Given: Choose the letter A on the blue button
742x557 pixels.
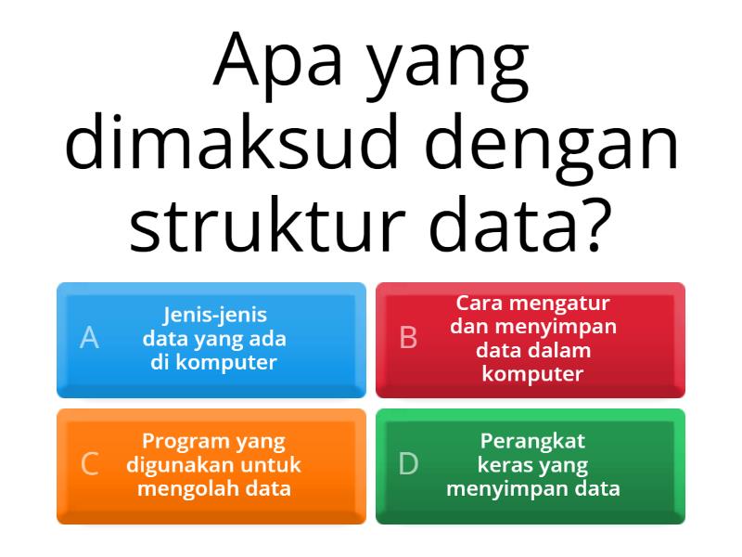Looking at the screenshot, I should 89,338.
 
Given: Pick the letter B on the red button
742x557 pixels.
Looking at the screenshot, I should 408,338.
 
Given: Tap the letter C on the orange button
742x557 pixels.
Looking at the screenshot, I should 89,464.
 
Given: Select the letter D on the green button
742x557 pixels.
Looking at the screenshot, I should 408,464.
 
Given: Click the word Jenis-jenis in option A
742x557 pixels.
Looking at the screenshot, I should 214,315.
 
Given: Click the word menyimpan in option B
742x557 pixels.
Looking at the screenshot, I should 569,327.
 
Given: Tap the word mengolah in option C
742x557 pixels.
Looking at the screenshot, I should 181,488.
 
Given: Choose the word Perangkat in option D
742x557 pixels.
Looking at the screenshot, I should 533,441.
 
